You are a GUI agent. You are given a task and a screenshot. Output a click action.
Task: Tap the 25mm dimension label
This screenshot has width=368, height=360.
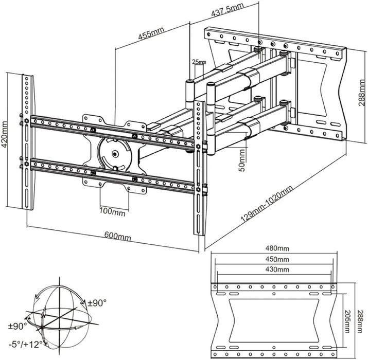tap(198, 62)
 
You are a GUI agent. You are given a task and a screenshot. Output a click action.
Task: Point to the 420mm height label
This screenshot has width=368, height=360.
tap(5, 135)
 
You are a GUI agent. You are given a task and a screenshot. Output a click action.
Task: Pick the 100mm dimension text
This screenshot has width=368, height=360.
tap(113, 211)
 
